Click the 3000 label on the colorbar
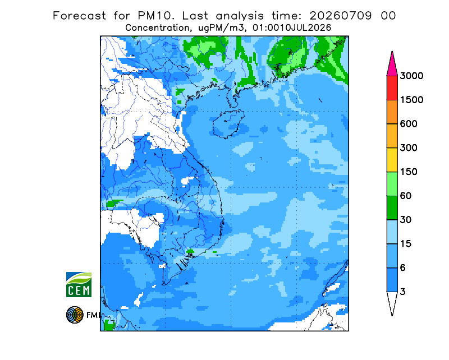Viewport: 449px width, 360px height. click(x=411, y=76)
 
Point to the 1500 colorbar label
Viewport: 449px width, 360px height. click(x=411, y=100)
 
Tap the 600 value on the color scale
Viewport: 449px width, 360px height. click(x=409, y=124)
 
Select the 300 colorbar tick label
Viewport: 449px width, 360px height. click(x=409, y=148)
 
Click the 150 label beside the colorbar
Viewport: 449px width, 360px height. click(x=409, y=172)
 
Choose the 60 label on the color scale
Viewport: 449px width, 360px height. click(x=406, y=196)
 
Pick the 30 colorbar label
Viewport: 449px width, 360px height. click(x=406, y=220)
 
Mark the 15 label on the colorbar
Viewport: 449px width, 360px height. click(x=406, y=244)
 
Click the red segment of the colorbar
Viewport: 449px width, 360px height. click(x=392, y=88)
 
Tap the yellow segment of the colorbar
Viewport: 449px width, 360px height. click(x=392, y=160)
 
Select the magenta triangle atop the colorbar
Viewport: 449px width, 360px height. click(x=392, y=66)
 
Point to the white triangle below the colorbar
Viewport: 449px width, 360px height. click(x=392, y=302)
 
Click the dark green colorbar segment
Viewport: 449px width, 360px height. click(x=392, y=208)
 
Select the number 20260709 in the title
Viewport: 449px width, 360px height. click(x=341, y=16)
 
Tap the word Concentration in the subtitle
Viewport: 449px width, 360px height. click(x=157, y=28)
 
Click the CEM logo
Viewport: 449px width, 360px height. click(x=79, y=284)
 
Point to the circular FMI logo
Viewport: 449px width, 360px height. click(x=75, y=315)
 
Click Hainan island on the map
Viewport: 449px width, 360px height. click(x=228, y=123)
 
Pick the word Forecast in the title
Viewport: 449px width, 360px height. click(x=79, y=16)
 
